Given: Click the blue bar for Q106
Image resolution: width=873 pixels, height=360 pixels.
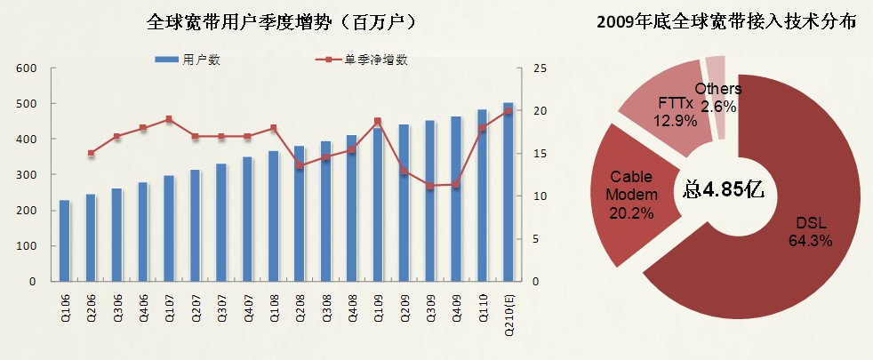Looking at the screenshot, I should pyautogui.click(x=64, y=241).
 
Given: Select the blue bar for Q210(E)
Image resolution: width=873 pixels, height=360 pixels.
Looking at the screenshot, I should pyautogui.click(x=508, y=193).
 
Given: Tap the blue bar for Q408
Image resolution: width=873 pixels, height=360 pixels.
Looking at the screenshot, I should pyautogui.click(x=351, y=209).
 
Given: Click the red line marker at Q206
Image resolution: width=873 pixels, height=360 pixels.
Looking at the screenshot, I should pyautogui.click(x=91, y=153).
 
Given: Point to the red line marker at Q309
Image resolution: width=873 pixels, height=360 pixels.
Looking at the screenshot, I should pyautogui.click(x=429, y=186).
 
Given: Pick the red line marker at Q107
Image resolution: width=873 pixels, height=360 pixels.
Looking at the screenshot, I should pyautogui.click(x=169, y=119).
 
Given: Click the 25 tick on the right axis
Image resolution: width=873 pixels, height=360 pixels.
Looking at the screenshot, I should pyautogui.click(x=540, y=68).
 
